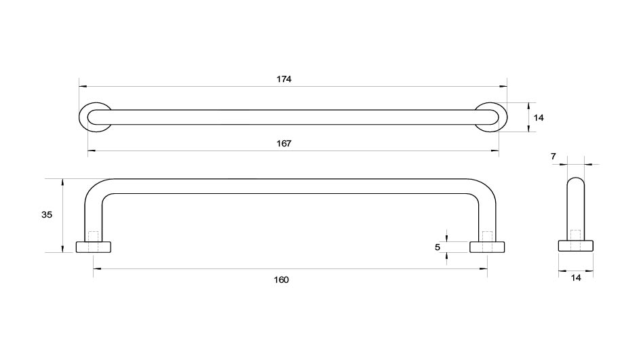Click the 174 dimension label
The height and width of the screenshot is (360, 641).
[x=284, y=79]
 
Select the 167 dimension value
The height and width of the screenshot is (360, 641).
[x=284, y=144]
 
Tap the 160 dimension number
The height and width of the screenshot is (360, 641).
[x=281, y=280]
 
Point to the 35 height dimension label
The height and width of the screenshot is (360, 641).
[x=47, y=214]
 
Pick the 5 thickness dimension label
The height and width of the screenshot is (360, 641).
[x=438, y=247]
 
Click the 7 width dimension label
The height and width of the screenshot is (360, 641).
[x=553, y=157]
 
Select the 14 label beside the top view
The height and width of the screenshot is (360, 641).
[x=539, y=118]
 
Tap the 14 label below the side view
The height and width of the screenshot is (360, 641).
[x=576, y=278]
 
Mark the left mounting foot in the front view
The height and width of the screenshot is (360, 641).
[x=94, y=247]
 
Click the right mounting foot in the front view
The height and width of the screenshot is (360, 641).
[x=487, y=247]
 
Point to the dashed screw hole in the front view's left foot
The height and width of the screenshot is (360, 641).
[x=94, y=237]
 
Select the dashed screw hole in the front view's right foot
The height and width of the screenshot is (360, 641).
[x=487, y=237]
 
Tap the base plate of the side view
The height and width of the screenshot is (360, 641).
[x=576, y=245]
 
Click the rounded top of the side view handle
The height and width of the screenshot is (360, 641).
[x=576, y=178]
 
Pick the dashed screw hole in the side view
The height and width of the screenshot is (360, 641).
[x=576, y=235]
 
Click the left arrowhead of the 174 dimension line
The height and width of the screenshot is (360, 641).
[x=83, y=87]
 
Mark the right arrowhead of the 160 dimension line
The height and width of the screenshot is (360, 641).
[x=484, y=269]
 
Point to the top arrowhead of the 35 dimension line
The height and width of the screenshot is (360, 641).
[x=62, y=182]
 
